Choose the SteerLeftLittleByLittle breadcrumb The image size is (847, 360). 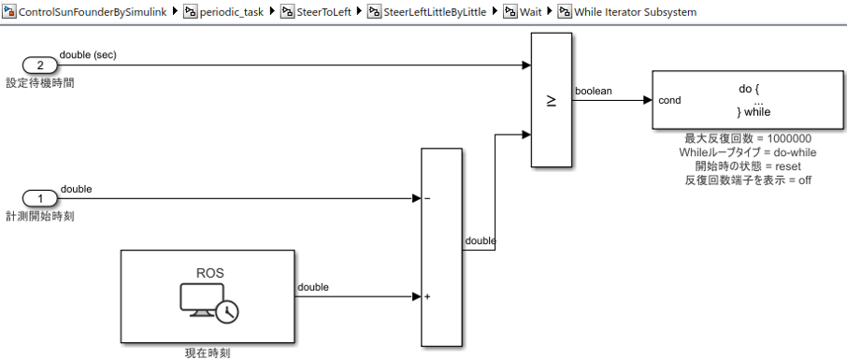click(438, 12)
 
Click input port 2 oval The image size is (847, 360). click(39, 65)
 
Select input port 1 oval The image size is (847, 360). click(39, 198)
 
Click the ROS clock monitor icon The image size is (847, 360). click(208, 300)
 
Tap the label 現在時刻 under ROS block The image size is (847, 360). click(207, 353)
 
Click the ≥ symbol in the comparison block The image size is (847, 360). click(551, 100)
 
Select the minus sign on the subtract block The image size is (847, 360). click(427, 198)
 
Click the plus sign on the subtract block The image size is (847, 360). click(427, 297)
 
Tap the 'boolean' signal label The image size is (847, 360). click(593, 91)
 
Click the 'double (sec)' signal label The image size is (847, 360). click(88, 55)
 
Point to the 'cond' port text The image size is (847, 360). click(669, 100)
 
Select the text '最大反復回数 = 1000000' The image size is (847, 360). click(748, 138)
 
